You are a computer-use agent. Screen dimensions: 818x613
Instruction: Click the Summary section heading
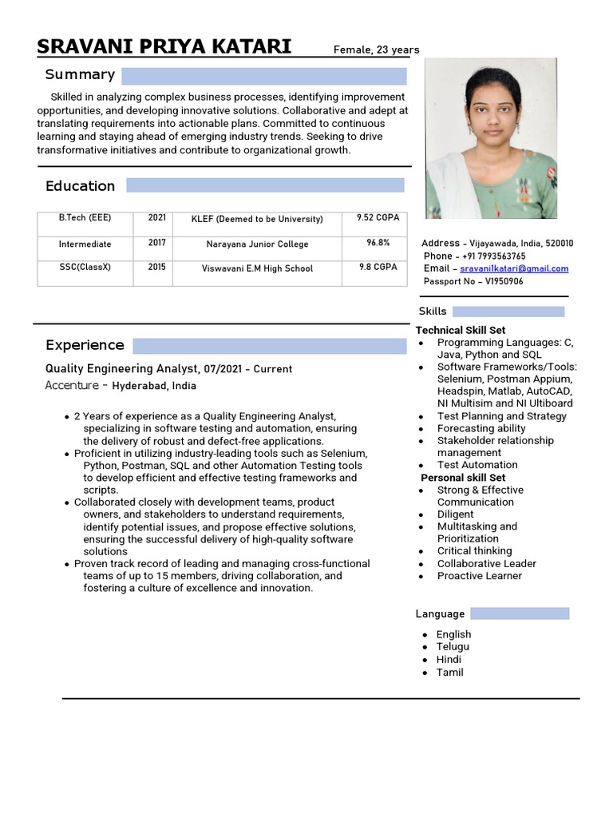coord(80,75)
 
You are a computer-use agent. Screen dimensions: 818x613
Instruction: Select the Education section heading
coord(80,186)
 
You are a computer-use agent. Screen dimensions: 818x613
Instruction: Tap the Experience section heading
coord(85,345)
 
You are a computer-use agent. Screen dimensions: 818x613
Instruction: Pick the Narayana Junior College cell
coord(257,244)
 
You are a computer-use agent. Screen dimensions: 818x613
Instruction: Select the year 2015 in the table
coord(156,268)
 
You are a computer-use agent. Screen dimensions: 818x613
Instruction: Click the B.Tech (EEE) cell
coord(85,217)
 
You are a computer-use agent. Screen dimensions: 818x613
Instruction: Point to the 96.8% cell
coord(378,243)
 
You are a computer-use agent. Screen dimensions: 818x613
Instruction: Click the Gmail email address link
coord(514,268)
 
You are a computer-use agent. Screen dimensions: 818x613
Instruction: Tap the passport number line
coord(473,281)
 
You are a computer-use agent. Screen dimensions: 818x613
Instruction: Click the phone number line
coord(474,256)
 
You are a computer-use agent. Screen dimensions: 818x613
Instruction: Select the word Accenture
coord(72,386)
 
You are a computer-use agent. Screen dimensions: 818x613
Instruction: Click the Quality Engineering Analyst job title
coord(122,369)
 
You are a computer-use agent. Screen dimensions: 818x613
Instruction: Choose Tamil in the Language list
coord(449,673)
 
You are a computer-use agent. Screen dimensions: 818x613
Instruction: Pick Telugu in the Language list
coord(453,647)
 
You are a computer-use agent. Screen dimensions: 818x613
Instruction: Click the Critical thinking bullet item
coord(474,551)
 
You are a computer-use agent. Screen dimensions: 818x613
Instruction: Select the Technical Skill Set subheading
coord(461,330)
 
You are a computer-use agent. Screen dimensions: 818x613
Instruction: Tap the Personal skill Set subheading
coord(463,478)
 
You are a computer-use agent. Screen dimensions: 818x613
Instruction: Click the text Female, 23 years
coord(376,50)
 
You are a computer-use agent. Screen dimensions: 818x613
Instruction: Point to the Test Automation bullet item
coord(477,465)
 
